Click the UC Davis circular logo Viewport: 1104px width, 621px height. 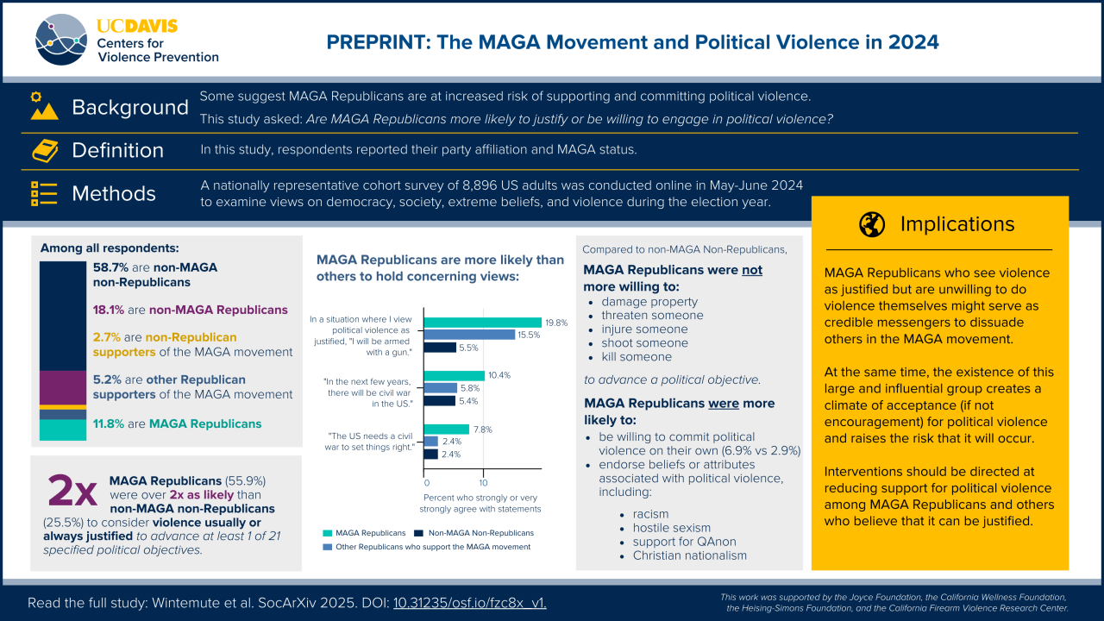tap(61, 40)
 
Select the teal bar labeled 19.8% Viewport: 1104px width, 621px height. tap(483, 323)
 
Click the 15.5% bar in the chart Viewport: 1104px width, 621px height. tap(470, 335)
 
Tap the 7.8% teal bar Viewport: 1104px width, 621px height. tap(447, 430)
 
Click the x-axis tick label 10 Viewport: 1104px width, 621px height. tap(483, 482)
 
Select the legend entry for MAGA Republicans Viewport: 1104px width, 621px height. tap(362, 533)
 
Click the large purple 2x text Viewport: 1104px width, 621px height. tap(72, 492)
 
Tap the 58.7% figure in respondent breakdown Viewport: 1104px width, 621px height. tap(110, 268)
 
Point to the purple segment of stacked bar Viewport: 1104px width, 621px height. tap(63, 387)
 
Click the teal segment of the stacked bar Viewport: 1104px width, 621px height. tap(63, 430)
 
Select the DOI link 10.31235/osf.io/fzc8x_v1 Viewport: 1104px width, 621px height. tap(470, 603)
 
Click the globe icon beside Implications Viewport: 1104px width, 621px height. tap(872, 224)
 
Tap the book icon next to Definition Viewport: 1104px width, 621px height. tap(44, 150)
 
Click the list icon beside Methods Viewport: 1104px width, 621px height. tap(44, 193)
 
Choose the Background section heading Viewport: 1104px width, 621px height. tap(130, 108)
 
